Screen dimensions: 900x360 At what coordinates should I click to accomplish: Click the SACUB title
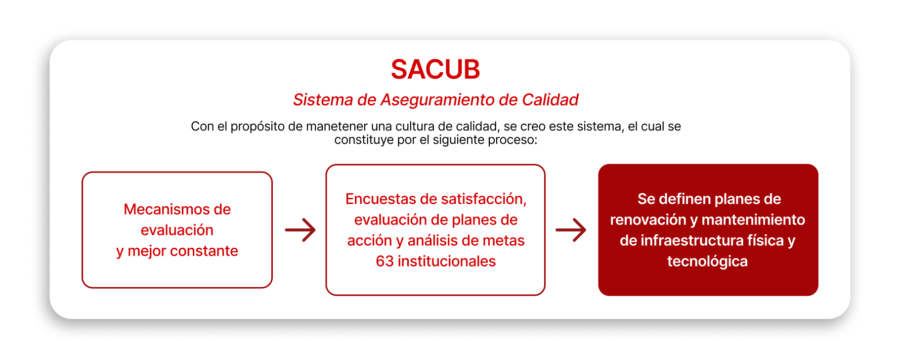pyautogui.click(x=435, y=69)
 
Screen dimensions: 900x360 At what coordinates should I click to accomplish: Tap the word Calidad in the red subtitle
pyautogui.click(x=550, y=100)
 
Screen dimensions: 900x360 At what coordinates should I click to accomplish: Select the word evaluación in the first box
pyautogui.click(x=177, y=230)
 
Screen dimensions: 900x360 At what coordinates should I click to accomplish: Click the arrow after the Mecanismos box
pyautogui.click(x=300, y=230)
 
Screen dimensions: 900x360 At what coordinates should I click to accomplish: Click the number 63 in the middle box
pyautogui.click(x=385, y=261)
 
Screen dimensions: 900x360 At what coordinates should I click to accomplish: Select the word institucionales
pyautogui.click(x=446, y=261)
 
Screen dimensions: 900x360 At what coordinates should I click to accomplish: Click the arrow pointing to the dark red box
pyautogui.click(x=571, y=230)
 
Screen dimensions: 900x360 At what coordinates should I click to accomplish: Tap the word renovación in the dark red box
pyautogui.click(x=648, y=220)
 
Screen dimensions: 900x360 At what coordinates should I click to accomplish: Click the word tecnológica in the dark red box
pyautogui.click(x=707, y=262)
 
